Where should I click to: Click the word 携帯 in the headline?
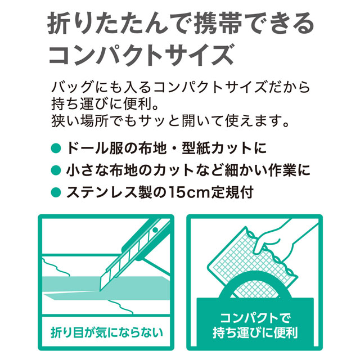pyautogui.click(x=218, y=24)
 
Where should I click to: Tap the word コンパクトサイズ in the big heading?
pyautogui.click(x=141, y=55)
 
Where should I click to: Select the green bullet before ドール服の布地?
pyautogui.click(x=56, y=148)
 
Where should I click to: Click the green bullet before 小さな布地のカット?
pyautogui.click(x=56, y=170)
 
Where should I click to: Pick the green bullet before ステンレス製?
pyautogui.click(x=56, y=192)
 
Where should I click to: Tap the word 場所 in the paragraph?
pyautogui.click(x=94, y=121)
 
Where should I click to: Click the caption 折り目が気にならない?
pyautogui.click(x=106, y=332)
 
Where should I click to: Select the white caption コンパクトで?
pyautogui.click(x=255, y=318)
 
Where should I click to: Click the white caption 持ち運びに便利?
pyautogui.click(x=255, y=332)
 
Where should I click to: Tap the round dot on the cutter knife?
pyautogui.click(x=156, y=230)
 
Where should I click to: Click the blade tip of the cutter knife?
pyautogui.click(x=100, y=291)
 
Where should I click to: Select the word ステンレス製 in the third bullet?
pyautogui.click(x=109, y=192)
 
